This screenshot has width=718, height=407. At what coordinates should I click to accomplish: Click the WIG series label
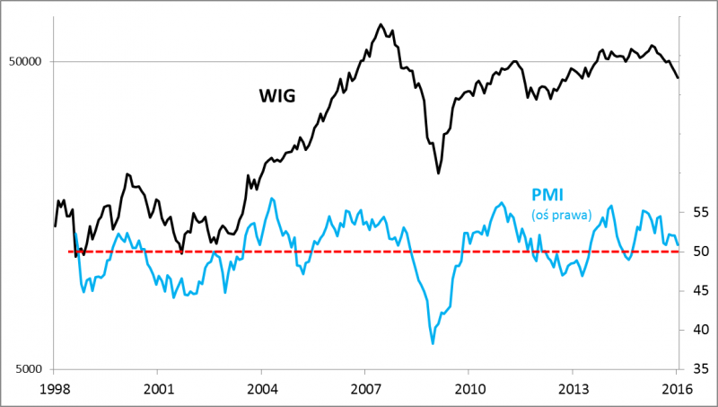[277, 94]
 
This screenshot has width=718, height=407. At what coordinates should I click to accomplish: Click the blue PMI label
[547, 195]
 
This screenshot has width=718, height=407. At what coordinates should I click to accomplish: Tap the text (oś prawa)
[561, 215]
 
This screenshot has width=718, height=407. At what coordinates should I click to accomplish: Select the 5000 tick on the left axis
[29, 369]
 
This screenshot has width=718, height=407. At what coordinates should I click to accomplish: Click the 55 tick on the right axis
[697, 212]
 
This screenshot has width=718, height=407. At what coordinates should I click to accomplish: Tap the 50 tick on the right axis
[697, 251]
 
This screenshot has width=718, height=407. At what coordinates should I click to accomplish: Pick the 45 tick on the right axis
[697, 290]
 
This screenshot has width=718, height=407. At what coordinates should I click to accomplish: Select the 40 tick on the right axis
[697, 329]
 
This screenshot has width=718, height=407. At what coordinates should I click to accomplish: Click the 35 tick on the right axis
[697, 368]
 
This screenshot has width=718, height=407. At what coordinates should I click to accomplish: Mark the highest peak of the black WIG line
[381, 24]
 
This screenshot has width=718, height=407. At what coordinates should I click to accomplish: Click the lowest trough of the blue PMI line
[433, 343]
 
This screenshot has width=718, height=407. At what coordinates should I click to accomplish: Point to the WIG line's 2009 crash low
[438, 173]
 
